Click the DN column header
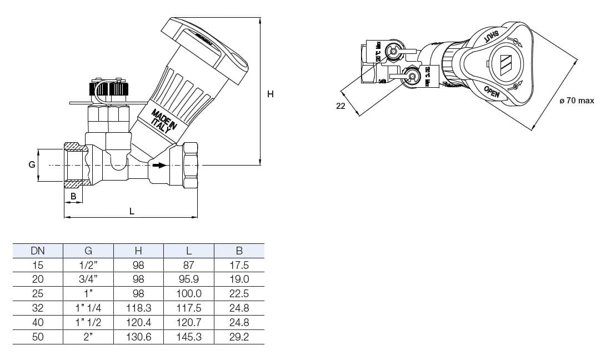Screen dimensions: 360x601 tap(38, 251)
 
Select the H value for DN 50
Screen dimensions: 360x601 tap(138, 337)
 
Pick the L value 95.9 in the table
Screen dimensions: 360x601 tap(189, 279)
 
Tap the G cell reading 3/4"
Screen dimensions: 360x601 tap(88, 279)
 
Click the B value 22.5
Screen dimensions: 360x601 tap(239, 293)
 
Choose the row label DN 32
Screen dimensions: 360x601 tap(38, 308)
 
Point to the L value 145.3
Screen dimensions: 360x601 tap(189, 337)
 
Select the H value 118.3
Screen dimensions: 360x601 tap(138, 308)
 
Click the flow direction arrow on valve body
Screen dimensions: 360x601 tap(159, 165)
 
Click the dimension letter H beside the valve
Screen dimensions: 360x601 tap(271, 94)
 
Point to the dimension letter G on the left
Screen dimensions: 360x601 tap(32, 164)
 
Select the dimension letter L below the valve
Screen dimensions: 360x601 tap(132, 211)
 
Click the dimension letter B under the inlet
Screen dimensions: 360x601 tap(73, 196)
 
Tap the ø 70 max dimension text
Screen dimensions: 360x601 tap(577, 101)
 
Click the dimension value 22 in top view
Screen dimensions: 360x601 tap(340, 106)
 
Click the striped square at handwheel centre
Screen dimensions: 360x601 tap(507, 64)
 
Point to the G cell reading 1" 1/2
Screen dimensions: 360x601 tap(88, 322)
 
